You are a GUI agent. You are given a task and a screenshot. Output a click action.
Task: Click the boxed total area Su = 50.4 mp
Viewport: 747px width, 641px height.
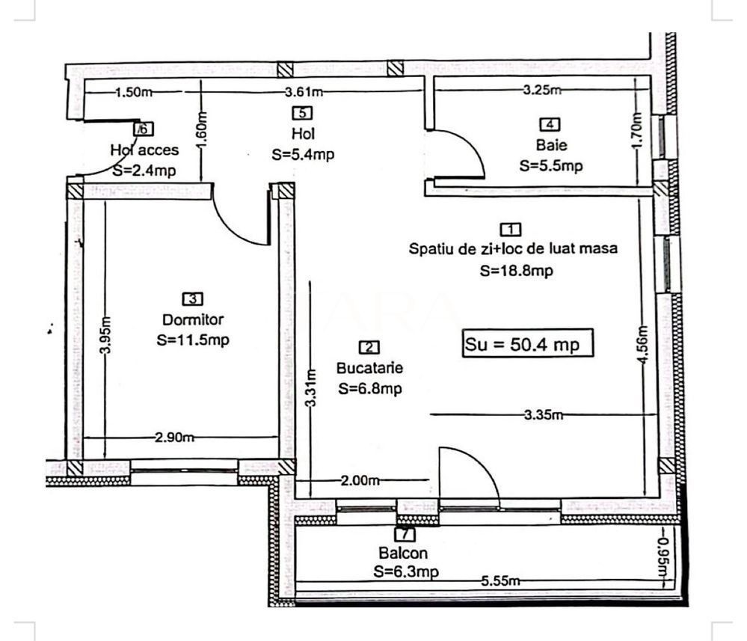coord(528,345)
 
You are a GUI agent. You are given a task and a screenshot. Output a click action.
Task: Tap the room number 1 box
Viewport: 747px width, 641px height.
coord(510,229)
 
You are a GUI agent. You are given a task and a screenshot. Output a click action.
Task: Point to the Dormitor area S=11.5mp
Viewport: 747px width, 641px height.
coord(193,339)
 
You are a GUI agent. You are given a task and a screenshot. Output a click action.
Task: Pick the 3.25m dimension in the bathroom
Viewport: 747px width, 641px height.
coord(541,91)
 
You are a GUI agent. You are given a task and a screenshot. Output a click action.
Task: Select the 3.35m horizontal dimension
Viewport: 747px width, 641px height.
coord(544,416)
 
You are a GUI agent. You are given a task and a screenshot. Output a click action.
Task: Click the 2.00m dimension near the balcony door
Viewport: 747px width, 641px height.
coord(359,481)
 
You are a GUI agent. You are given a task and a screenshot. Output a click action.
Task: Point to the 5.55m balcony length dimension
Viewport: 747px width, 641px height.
coord(500,580)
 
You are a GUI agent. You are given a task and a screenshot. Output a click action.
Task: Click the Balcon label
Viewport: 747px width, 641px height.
coord(403,554)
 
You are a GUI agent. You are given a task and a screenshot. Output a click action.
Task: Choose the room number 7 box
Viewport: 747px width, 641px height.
coord(403,535)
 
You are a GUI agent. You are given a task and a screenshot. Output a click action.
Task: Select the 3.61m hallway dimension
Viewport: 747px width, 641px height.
coord(304,92)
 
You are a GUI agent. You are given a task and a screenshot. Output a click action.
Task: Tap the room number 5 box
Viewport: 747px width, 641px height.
coord(302,114)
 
